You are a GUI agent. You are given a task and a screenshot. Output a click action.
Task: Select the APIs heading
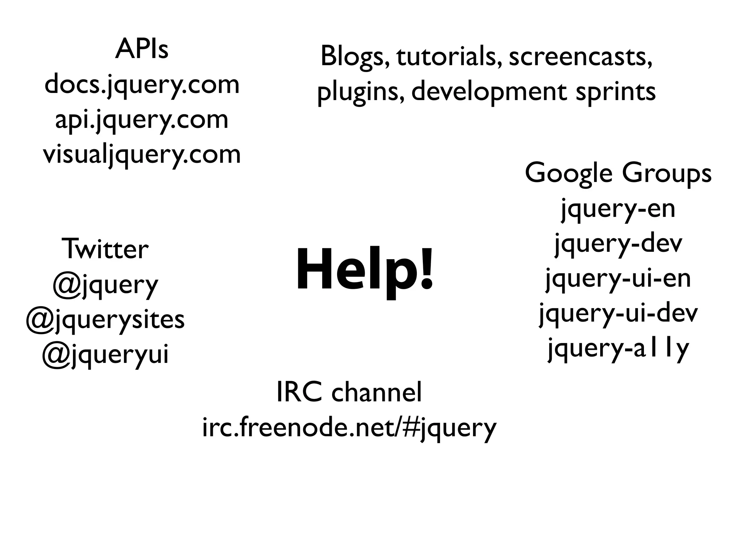click(142, 50)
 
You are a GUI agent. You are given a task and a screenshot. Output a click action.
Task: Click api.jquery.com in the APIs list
click(142, 120)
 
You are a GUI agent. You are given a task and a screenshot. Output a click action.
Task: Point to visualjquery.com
click(142, 155)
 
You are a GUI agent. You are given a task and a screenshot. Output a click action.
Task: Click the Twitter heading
click(105, 249)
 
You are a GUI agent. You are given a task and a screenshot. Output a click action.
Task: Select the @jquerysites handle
click(105, 319)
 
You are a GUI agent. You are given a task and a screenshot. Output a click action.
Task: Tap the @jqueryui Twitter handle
click(105, 354)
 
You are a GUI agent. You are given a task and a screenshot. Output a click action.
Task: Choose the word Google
click(569, 174)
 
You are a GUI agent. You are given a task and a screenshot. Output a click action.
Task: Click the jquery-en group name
click(618, 209)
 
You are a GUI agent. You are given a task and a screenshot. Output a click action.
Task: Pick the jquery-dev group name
click(618, 244)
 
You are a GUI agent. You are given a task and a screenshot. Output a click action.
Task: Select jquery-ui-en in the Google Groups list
click(618, 278)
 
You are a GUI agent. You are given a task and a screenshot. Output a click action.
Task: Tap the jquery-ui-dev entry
click(618, 313)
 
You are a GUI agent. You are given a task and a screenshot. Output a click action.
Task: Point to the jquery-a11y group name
click(618, 348)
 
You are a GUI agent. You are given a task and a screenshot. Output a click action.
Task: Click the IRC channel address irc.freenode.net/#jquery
click(349, 428)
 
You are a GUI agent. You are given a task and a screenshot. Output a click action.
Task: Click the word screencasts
click(581, 57)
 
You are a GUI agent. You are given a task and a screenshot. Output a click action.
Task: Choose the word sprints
click(615, 92)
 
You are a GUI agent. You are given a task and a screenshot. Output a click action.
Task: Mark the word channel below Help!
click(376, 392)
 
